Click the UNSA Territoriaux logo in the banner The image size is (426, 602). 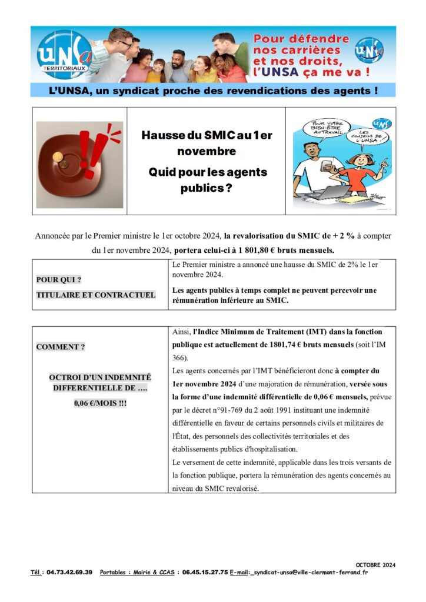point(64,55)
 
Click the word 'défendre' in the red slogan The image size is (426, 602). point(320,39)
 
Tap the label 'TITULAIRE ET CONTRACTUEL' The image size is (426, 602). point(96,295)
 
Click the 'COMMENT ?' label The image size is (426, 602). point(61,347)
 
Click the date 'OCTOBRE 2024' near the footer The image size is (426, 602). point(375,565)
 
